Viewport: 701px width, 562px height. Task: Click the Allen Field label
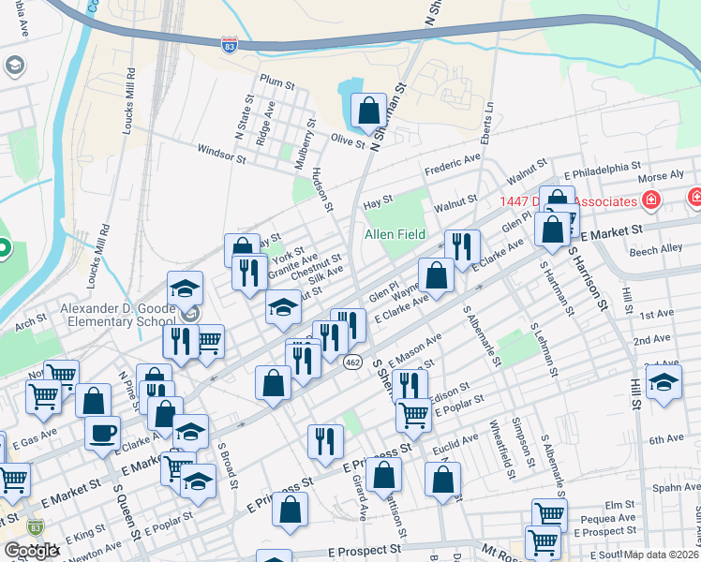point(395,234)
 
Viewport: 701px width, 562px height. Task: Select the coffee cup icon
point(102,433)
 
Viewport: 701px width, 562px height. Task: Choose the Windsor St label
point(221,152)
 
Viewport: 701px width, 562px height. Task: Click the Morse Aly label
point(661,177)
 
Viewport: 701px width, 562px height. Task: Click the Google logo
point(31,551)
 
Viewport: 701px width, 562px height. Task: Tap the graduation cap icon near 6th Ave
point(664,383)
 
